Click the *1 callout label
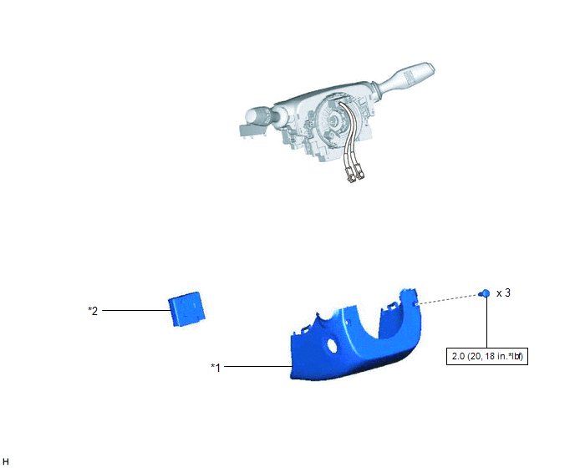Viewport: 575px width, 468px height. [x=216, y=367]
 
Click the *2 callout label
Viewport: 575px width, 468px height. [x=93, y=311]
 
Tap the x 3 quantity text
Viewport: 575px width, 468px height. [x=503, y=293]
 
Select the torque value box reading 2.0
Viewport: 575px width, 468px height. [x=487, y=356]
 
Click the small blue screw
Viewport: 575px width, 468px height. [x=485, y=293]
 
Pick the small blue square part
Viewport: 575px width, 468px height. [x=186, y=309]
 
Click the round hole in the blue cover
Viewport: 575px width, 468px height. [x=332, y=345]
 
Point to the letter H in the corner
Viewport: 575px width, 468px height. [x=6, y=462]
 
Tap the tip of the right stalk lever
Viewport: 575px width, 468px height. [x=431, y=68]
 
